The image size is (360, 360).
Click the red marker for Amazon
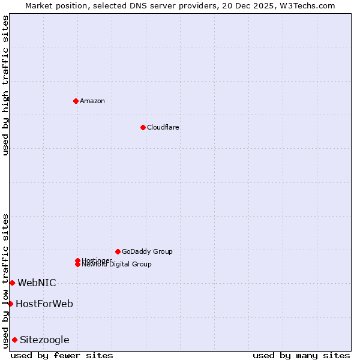pos(76,101)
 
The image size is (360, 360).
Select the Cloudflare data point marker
pos(143,127)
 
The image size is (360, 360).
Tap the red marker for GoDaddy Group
pos(118,251)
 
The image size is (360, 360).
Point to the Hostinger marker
pos(77,260)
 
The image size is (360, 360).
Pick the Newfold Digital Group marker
pos(77,264)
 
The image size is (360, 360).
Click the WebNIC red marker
pos(12,283)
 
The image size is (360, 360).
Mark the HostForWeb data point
pos(10,304)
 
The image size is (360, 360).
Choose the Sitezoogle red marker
pos(14,340)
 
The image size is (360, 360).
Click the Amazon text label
pos(92,101)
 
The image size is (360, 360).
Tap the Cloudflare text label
pos(163,127)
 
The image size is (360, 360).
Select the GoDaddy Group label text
pos(147,251)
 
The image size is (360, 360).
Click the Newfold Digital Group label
pos(117,265)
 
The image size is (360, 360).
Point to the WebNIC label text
pos(37,283)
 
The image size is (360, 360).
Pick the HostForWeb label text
pos(44,304)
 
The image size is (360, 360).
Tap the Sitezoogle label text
pos(44,340)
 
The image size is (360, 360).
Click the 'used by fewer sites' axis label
pos(62,355)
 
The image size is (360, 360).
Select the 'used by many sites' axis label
pos(301,355)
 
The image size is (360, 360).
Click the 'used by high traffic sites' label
pos(6,85)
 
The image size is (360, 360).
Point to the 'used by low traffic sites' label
pos(6,281)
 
